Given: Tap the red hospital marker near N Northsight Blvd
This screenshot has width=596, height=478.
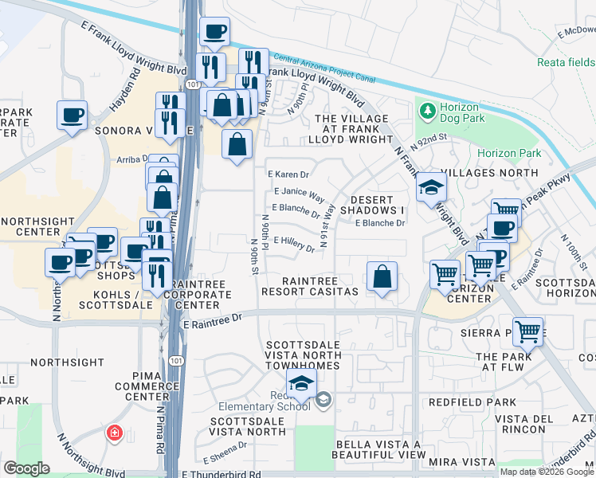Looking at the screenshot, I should point(114,433).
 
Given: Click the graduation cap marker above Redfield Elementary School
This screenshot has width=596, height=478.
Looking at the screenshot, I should point(301,384).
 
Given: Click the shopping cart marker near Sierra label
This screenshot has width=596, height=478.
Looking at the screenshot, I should point(527,331).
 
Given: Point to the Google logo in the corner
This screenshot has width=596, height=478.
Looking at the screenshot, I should point(26,468).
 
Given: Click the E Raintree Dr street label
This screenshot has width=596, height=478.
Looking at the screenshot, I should point(212,324).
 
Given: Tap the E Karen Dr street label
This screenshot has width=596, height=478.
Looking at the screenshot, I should point(288,174).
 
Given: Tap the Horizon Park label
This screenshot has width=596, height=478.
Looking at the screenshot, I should point(509,153).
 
